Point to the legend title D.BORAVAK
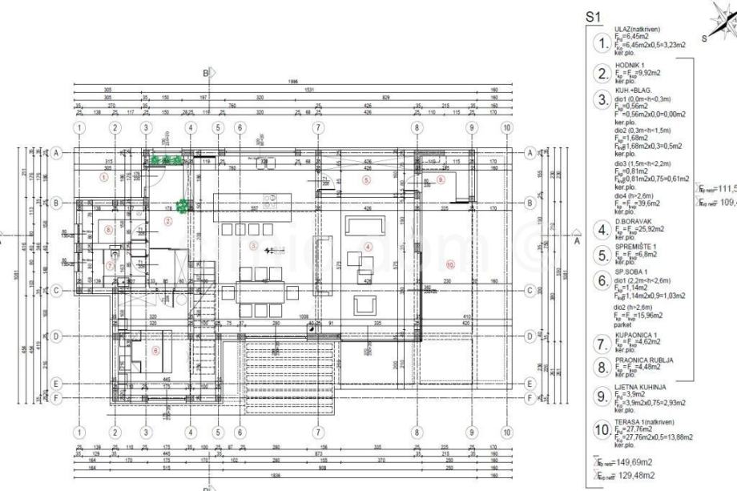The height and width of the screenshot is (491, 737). point(632,222)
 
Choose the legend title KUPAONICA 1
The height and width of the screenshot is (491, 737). point(637,336)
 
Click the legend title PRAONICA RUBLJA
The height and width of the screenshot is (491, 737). point(643,360)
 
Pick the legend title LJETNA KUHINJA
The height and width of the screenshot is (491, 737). point(641,386)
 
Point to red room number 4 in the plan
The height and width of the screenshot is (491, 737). point(368,246)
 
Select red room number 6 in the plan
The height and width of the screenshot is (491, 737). point(155,350)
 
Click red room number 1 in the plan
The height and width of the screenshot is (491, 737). point(103,179)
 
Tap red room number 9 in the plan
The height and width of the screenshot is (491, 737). point(441,180)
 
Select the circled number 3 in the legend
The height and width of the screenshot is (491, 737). point(602,101)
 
